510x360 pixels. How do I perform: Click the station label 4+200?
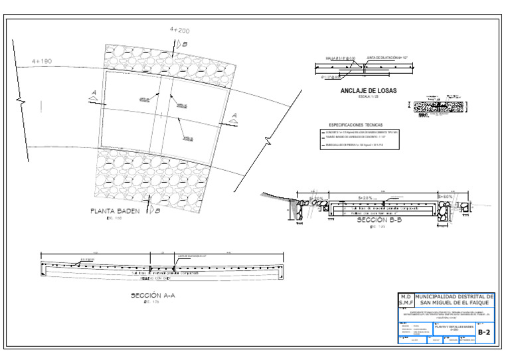coord(179,31)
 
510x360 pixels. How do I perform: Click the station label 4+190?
coord(41,61)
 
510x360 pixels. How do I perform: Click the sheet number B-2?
coord(485,332)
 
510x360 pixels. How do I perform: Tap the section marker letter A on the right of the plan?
coord(234,115)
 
